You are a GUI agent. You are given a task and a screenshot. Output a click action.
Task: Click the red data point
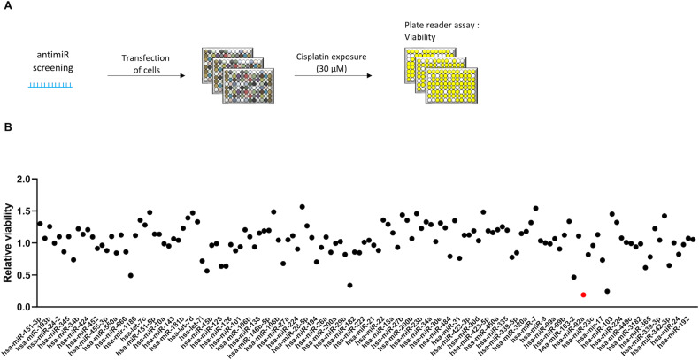click(584, 295)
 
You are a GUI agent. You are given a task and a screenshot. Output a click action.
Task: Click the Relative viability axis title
click(8, 242)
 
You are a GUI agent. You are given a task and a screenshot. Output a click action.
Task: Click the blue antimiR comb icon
click(50, 86)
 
